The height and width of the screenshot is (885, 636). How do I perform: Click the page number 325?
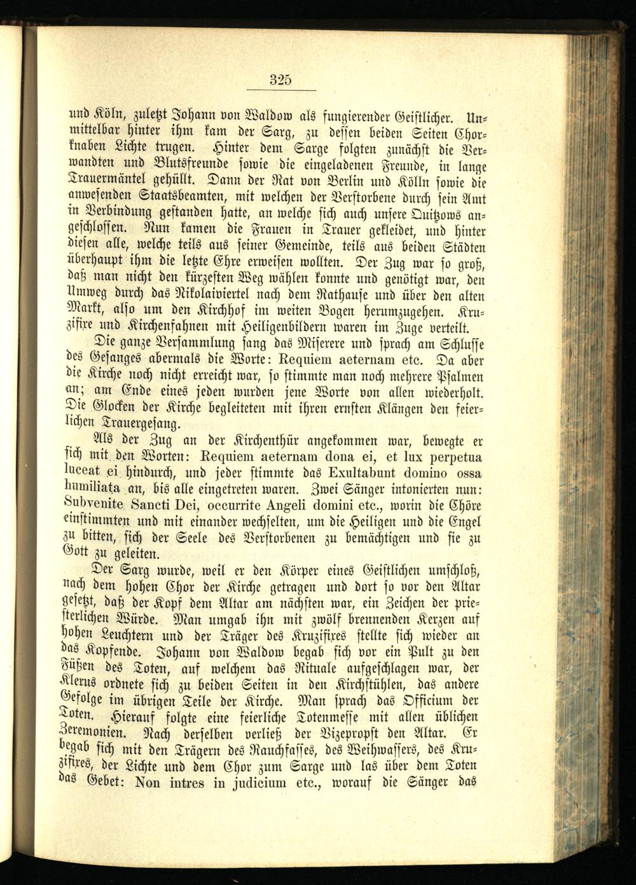point(280,80)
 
